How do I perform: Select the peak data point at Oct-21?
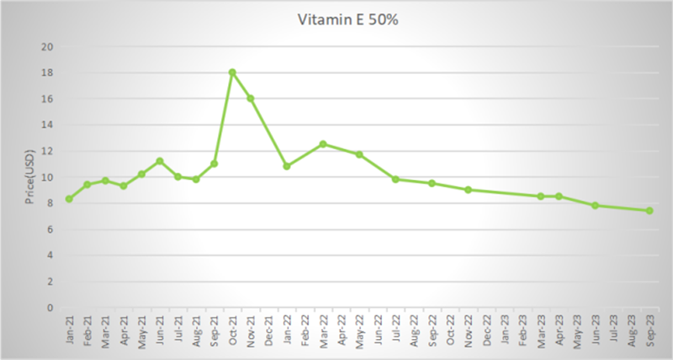tap(232, 72)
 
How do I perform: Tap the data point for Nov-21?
tap(250, 98)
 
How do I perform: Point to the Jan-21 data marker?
tap(68, 199)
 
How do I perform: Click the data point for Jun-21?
tap(159, 161)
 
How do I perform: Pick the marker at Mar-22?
tap(323, 144)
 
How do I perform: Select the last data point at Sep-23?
tap(649, 210)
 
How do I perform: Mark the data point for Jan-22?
tap(287, 167)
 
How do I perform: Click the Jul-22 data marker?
tap(395, 179)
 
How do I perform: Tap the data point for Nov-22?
tap(468, 189)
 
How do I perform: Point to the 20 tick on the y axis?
tap(49, 46)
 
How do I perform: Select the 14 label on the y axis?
tap(49, 124)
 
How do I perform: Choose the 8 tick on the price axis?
tap(51, 203)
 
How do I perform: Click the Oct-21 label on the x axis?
tap(232, 326)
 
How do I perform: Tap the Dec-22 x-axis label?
tap(486, 326)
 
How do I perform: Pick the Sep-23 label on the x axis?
tap(649, 326)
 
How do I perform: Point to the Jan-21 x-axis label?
tap(69, 326)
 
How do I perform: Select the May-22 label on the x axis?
tap(359, 326)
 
